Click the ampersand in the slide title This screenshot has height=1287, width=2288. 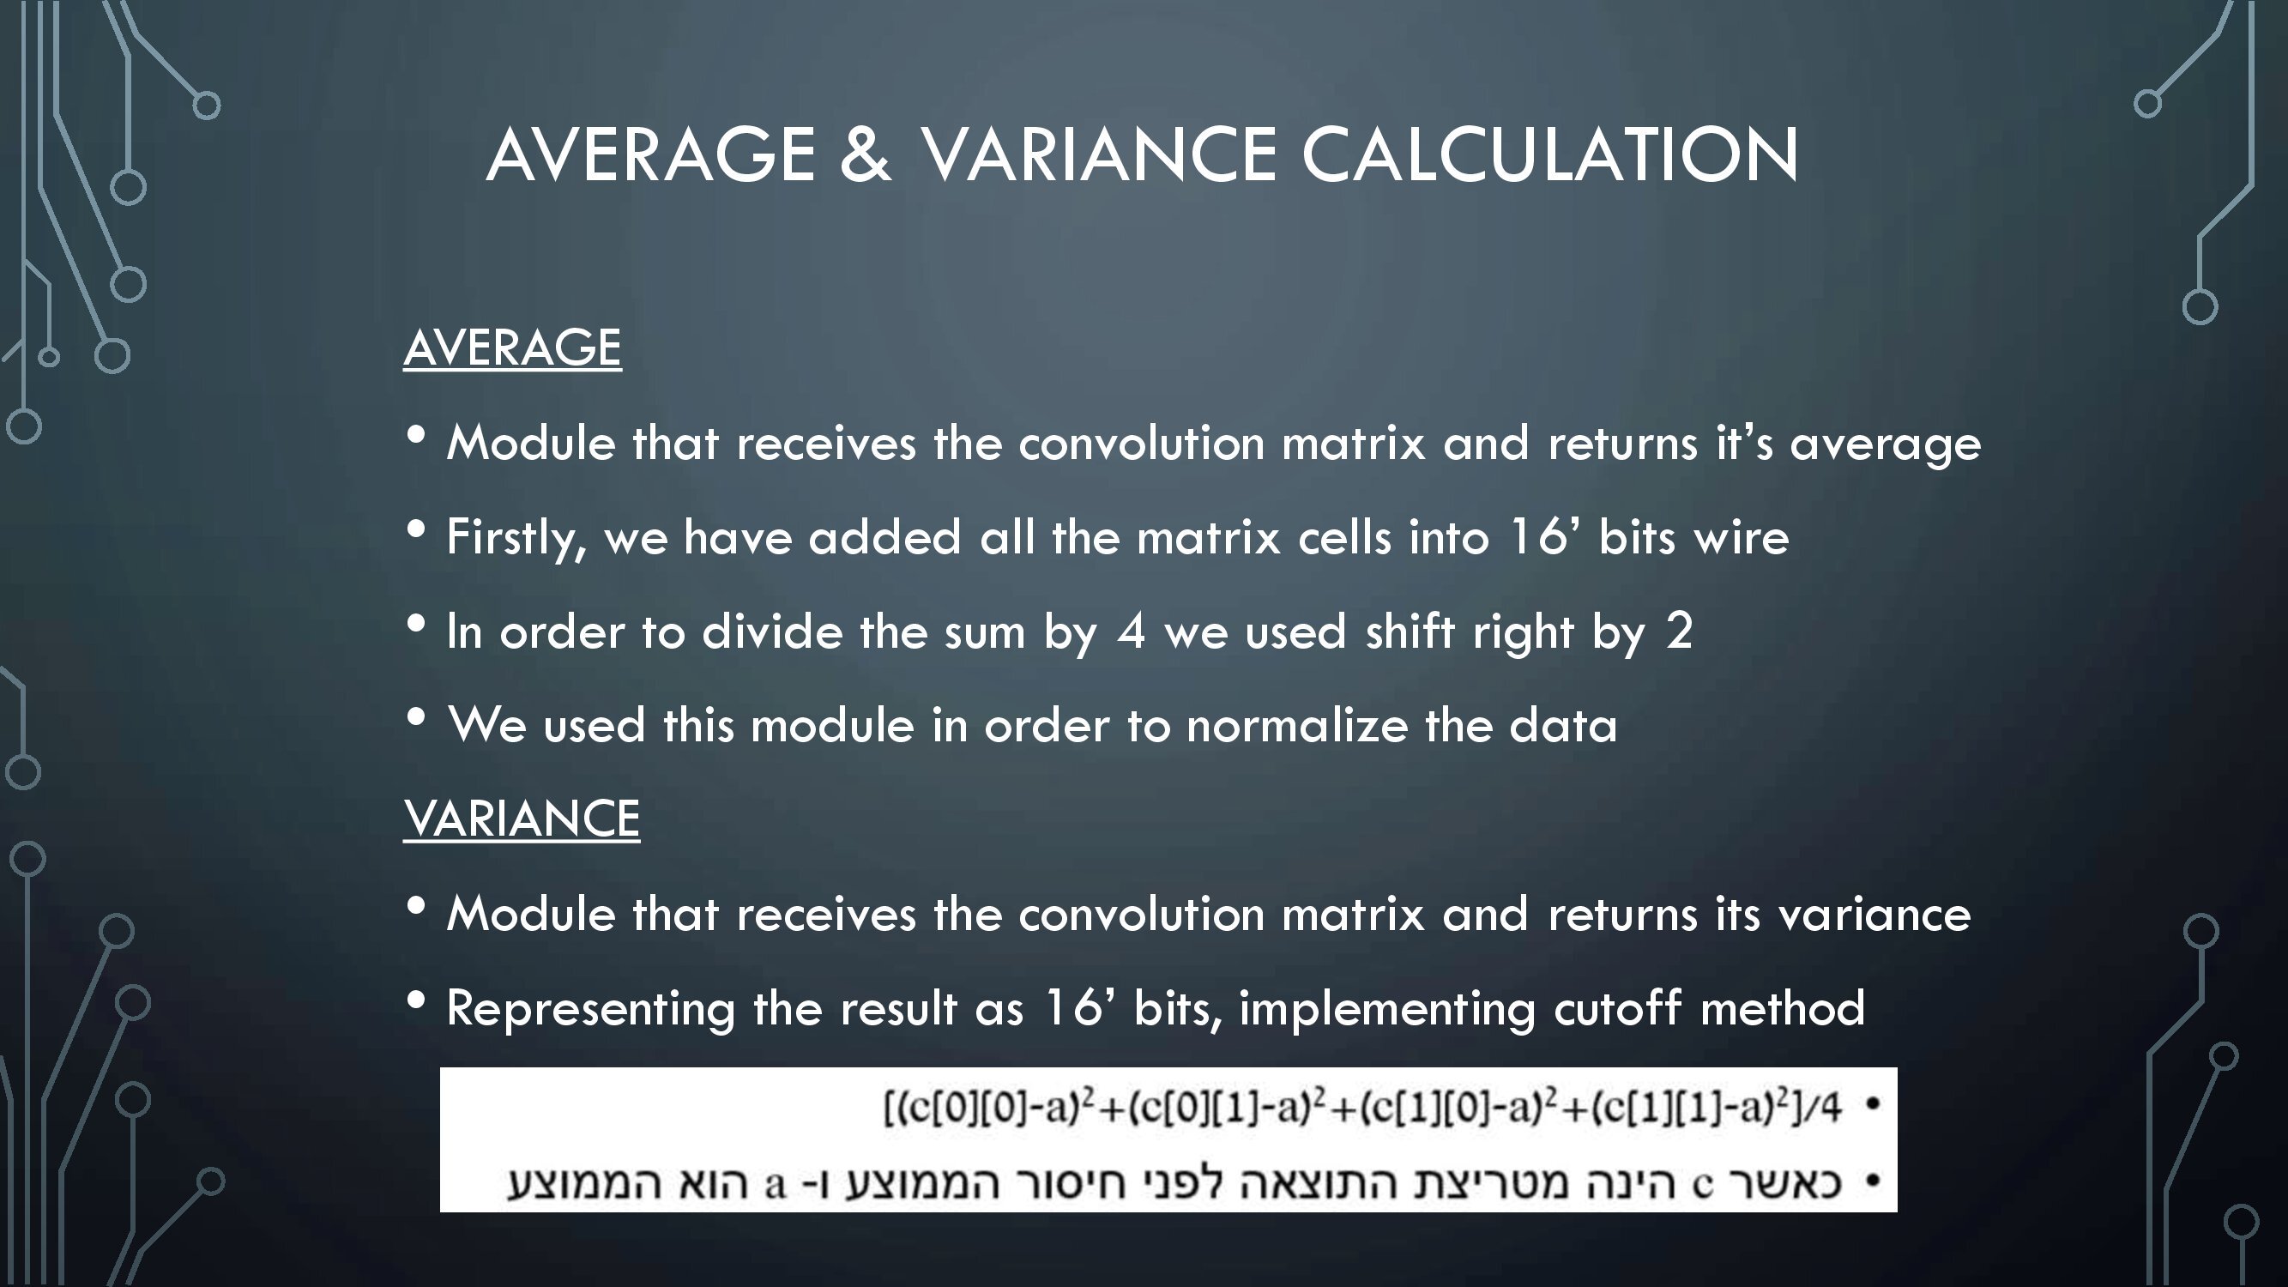tap(864, 154)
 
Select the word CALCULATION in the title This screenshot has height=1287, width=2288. tap(1550, 154)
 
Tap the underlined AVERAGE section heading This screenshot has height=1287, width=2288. tap(512, 347)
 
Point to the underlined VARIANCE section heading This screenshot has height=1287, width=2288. tap(522, 818)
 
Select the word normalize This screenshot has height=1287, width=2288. tap(1298, 725)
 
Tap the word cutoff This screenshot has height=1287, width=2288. tap(1617, 1007)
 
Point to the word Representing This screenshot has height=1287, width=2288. tap(590, 1010)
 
